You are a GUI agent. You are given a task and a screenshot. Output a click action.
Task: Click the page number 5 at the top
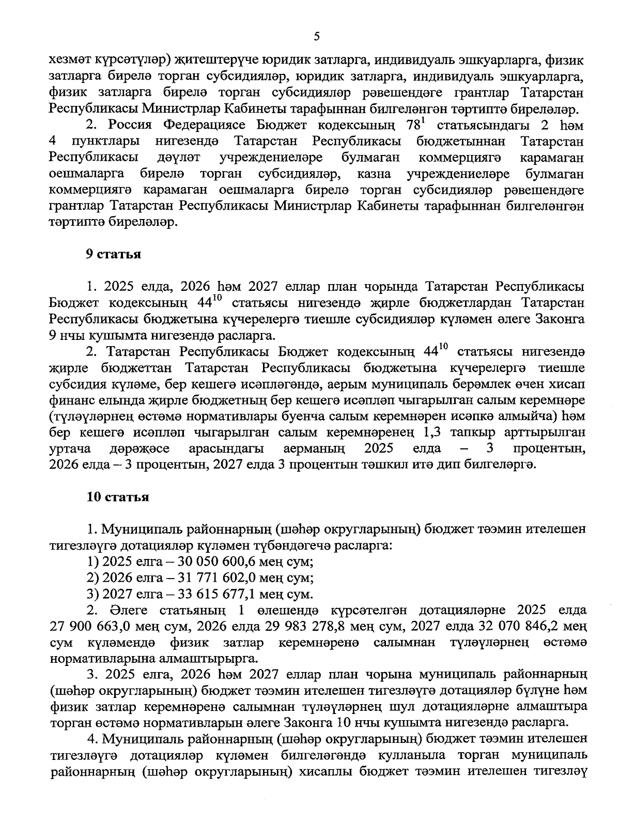[317, 36]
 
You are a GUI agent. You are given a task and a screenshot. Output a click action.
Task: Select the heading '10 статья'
[118, 497]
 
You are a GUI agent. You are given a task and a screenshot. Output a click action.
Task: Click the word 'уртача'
[69, 448]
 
